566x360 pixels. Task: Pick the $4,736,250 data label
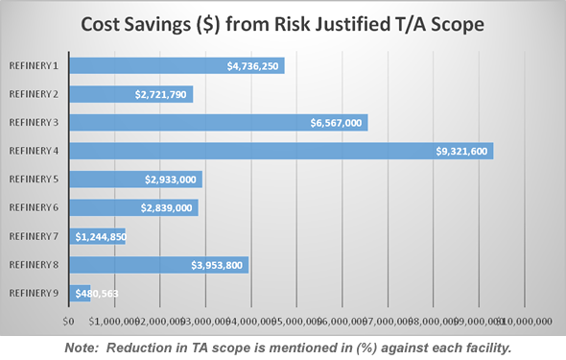(x=253, y=66)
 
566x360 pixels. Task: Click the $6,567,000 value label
(x=336, y=123)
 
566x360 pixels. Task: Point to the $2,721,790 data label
(x=162, y=95)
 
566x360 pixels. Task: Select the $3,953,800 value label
(x=218, y=265)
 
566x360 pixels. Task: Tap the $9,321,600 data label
(x=462, y=152)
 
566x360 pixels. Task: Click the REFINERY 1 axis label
(x=34, y=65)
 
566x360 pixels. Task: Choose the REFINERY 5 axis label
(x=34, y=179)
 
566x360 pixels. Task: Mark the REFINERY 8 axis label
(x=34, y=264)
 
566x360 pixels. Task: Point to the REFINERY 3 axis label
(x=34, y=122)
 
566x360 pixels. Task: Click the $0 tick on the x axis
(x=68, y=321)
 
